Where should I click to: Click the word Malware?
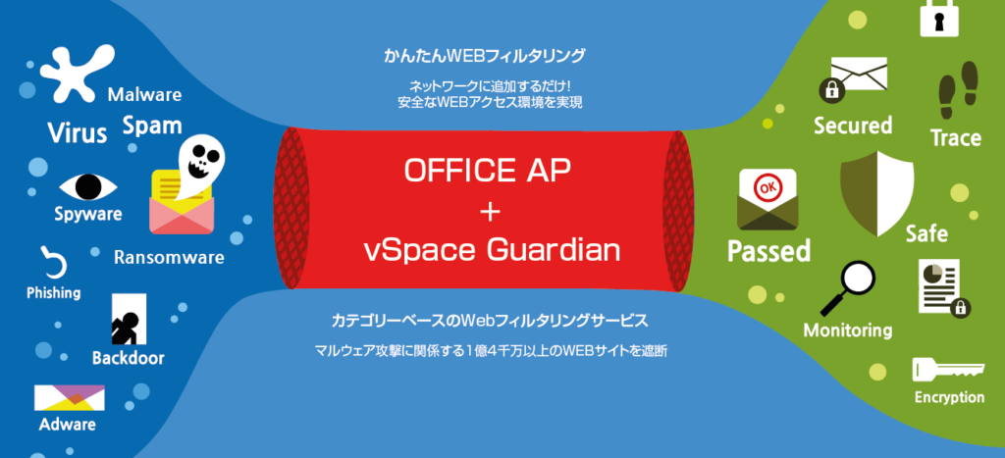click(x=144, y=95)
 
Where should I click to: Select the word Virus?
click(x=78, y=133)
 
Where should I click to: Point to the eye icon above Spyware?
click(x=88, y=186)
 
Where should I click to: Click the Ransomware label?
click(x=169, y=258)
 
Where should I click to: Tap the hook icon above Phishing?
click(x=53, y=261)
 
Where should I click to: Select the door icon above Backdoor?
click(x=129, y=319)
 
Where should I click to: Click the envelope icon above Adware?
click(x=70, y=397)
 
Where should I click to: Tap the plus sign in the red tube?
click(x=489, y=213)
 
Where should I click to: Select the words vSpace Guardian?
click(x=492, y=251)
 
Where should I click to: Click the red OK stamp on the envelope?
click(x=767, y=189)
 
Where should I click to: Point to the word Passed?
click(x=768, y=250)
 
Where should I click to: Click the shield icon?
click(x=876, y=193)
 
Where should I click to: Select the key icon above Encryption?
click(x=948, y=371)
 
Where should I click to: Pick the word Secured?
click(x=853, y=125)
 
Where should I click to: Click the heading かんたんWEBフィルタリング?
click(x=485, y=57)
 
